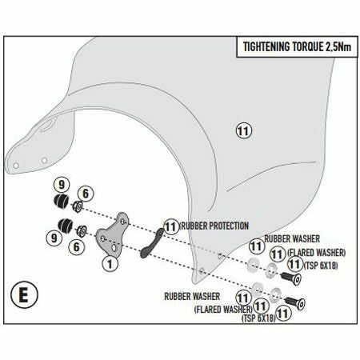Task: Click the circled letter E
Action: point(24,295)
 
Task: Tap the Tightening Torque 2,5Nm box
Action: point(297,47)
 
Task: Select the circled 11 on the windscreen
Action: point(244,131)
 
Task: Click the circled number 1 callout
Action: point(110,264)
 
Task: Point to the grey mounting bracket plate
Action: point(113,234)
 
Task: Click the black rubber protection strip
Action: point(153,242)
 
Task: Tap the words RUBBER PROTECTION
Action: point(214,226)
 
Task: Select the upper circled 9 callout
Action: point(62,185)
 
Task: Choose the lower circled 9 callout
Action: point(54,238)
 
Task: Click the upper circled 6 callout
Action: point(86,194)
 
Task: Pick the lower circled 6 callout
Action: point(77,246)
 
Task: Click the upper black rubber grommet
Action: point(62,201)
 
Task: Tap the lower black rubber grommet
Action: point(65,226)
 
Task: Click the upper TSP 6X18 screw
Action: point(291,278)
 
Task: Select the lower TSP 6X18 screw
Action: point(295,303)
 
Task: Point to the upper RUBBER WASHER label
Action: point(292,238)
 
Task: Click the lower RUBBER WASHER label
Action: point(192,296)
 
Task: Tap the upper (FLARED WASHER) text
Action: point(317,253)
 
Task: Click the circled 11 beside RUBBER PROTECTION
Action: point(171,227)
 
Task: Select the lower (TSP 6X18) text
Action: point(258,318)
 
